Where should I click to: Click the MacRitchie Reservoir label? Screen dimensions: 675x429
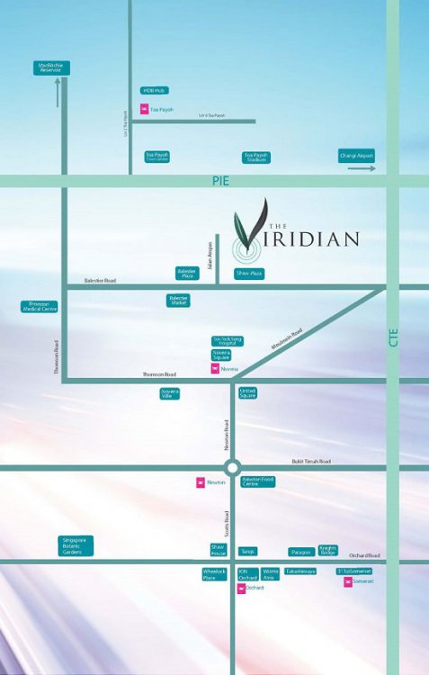[x=51, y=67]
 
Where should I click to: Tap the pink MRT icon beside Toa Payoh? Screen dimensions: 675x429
[x=143, y=110]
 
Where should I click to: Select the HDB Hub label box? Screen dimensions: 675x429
[x=155, y=91]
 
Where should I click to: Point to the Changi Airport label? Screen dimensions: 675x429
[x=356, y=156]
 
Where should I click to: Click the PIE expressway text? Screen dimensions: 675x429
[x=220, y=181]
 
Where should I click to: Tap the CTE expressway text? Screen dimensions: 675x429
[x=392, y=337]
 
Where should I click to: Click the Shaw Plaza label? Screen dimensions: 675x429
[x=249, y=273]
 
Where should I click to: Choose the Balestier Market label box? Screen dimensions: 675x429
[x=179, y=301]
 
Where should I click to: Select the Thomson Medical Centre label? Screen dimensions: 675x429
[x=39, y=307]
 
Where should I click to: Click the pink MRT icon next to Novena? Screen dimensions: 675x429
[x=214, y=369]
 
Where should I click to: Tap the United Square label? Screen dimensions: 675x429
[x=248, y=393]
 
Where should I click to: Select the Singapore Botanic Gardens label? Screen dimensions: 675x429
[x=76, y=545]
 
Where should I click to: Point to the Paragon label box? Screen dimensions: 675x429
[x=301, y=552]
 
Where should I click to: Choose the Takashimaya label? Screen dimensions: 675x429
[x=300, y=571]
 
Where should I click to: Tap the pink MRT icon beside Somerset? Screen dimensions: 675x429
[x=348, y=582]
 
